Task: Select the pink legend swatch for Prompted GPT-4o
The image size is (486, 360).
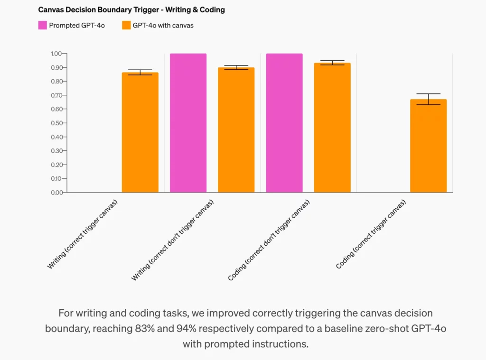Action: point(42,25)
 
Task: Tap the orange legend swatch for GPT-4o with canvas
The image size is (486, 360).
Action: point(126,25)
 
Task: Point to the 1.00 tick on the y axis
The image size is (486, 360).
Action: point(56,54)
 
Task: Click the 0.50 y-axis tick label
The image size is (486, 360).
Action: point(56,123)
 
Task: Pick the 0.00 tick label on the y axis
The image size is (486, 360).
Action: point(56,192)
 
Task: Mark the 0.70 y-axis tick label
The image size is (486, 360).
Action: point(56,95)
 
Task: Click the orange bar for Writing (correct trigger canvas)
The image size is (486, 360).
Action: point(140,133)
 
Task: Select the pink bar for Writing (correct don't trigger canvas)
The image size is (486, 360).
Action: point(188,123)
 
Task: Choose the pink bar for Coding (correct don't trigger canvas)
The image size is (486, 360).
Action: point(284,123)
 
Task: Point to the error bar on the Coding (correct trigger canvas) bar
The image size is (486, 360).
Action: point(429,99)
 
